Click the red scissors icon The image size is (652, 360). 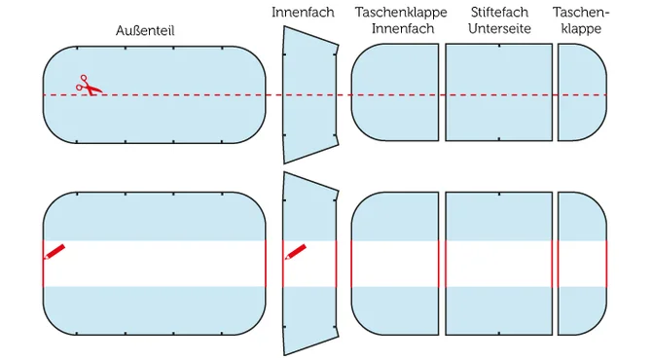point(89,86)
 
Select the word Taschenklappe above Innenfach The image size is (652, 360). point(401,12)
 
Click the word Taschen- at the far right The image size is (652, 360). point(581,12)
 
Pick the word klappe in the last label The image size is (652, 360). point(581,29)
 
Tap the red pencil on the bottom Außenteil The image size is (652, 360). point(54,251)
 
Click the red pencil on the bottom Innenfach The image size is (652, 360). point(296,251)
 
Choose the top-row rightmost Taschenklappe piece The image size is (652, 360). point(580,94)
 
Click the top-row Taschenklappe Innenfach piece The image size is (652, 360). point(394,94)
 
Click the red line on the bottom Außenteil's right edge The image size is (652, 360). point(266,263)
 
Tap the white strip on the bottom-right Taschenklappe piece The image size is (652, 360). point(581,263)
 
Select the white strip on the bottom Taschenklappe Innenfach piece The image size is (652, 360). point(394,263)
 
